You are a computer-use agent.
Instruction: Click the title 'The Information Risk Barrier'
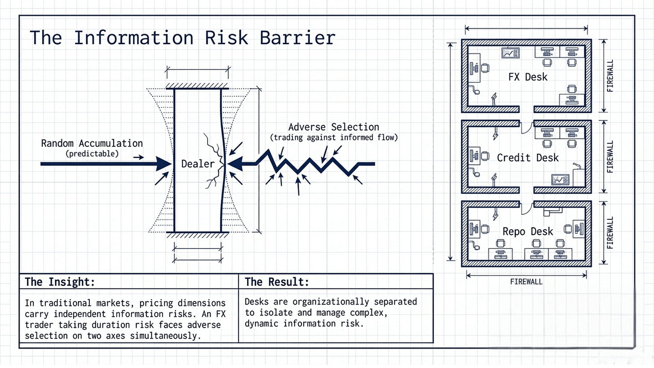182,38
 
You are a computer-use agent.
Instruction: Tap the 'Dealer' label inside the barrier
198,164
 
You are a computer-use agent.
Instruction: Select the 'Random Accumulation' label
92,143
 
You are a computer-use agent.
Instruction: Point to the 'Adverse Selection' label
333,127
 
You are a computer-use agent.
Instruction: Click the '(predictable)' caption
92,154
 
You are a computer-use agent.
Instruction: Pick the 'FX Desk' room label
528,77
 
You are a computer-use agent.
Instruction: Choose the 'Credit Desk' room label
528,158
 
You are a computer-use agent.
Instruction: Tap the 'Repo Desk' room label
528,231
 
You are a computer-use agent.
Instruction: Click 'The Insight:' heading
60,282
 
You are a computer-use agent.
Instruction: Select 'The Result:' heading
277,282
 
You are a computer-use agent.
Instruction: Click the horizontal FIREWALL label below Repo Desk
526,282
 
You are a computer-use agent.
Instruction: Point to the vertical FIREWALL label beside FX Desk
610,75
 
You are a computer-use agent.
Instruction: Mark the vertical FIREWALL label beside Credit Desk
610,157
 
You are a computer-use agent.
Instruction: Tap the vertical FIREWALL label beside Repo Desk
610,233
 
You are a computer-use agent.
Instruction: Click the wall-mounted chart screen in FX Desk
510,53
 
